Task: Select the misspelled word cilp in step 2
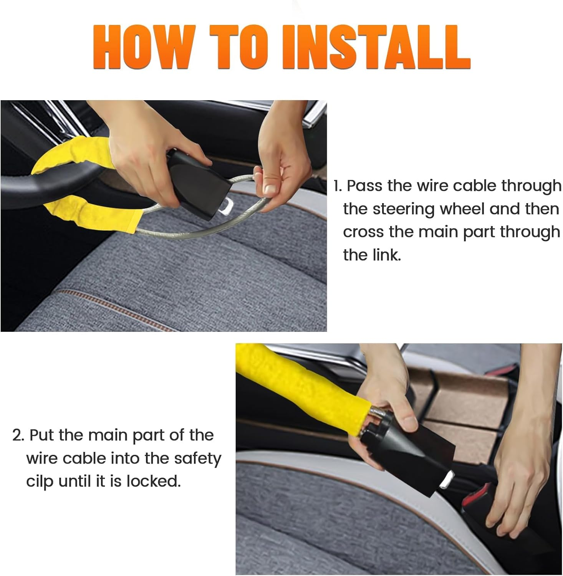(40, 481)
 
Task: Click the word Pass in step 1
(364, 186)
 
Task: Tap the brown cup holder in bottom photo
(461, 399)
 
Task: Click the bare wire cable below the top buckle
(184, 230)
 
